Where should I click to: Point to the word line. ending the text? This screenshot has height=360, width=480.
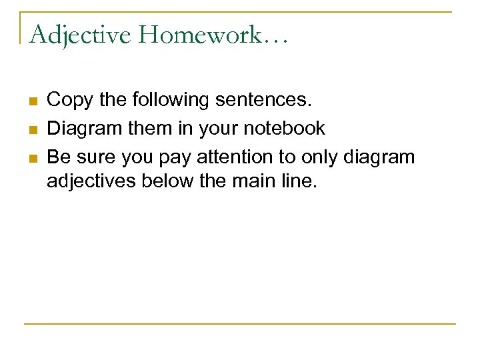(x=299, y=181)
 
